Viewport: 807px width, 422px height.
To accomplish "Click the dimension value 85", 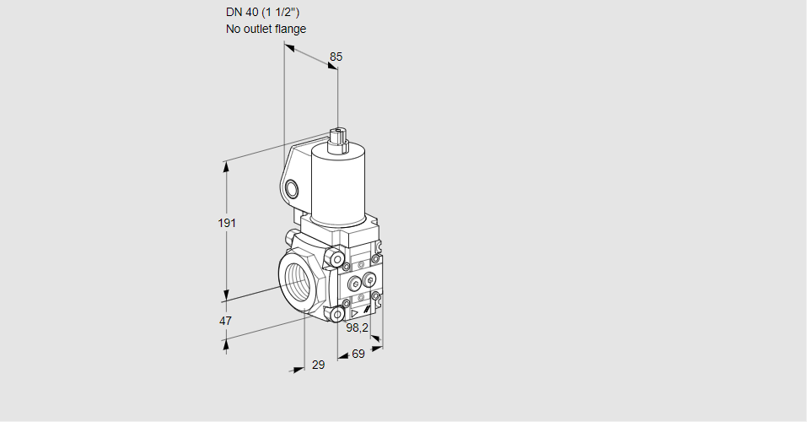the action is (336, 57).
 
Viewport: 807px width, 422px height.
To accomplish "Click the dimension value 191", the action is (227, 223).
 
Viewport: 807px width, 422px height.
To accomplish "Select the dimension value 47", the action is (225, 321).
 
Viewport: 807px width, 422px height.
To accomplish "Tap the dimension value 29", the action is (319, 365).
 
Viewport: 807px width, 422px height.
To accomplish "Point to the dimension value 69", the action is (358, 354).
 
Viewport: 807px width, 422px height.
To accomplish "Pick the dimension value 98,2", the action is (358, 327).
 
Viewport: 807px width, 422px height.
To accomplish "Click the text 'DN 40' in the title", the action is (242, 13).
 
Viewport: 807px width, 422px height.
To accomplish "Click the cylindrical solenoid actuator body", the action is (339, 185).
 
